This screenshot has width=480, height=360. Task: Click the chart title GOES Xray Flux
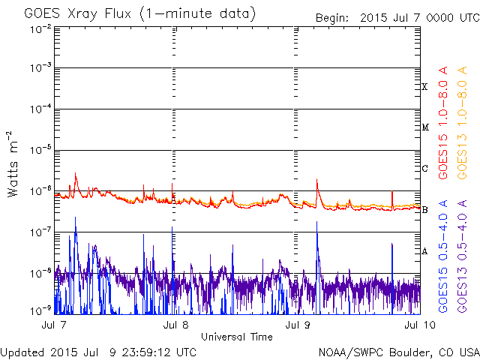pos(139,13)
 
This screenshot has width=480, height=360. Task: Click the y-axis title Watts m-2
pos(13,163)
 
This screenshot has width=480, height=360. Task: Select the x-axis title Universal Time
pos(236,337)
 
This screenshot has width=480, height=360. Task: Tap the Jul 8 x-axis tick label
pos(174,325)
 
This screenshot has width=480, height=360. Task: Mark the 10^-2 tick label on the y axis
pos(41,28)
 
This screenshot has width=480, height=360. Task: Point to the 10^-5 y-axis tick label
pos(41,150)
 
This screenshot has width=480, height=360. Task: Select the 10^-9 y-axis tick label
pos(41,310)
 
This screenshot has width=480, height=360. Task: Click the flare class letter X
pos(424,87)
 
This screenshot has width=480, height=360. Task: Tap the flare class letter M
pos(424,127)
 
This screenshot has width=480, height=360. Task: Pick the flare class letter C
pos(424,169)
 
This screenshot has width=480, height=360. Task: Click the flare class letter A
pos(424,251)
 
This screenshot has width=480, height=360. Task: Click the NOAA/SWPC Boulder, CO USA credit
pos(398,352)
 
